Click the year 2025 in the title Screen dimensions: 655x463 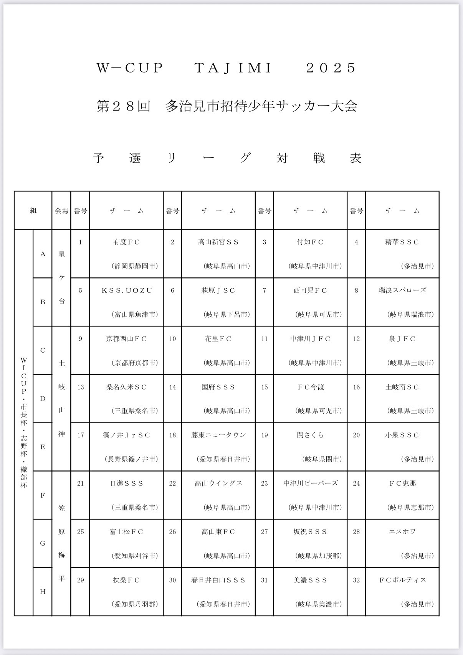pyautogui.click(x=331, y=68)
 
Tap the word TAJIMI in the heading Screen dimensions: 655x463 pyautogui.click(x=233, y=68)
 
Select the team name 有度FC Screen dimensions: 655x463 pyautogui.click(x=126, y=242)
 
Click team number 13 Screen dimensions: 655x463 pyautogui.click(x=80, y=387)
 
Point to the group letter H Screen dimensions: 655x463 pyautogui.click(x=43, y=592)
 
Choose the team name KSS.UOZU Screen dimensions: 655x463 pyautogui.click(x=126, y=290)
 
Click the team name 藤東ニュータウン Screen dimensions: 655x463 pyautogui.click(x=218, y=435)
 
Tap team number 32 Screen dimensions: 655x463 pyautogui.click(x=356, y=580)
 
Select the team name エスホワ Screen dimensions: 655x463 pyautogui.click(x=402, y=532)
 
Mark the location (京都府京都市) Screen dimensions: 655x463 pyautogui.click(x=135, y=363)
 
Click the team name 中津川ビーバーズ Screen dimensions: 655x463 pyautogui.click(x=311, y=483)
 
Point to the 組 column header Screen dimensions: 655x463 pyautogui.click(x=33, y=211)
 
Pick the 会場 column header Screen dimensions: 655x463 pyautogui.click(x=61, y=211)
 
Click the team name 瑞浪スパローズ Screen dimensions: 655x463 pyautogui.click(x=402, y=290)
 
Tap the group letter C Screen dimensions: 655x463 pyautogui.click(x=43, y=350)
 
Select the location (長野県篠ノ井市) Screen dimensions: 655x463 pyautogui.click(x=131, y=459)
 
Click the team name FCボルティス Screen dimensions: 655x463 pyautogui.click(x=402, y=580)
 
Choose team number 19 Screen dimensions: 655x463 pyautogui.click(x=264, y=435)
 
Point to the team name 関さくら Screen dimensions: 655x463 pyautogui.click(x=311, y=435)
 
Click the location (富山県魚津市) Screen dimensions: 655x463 pyautogui.click(x=135, y=315)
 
